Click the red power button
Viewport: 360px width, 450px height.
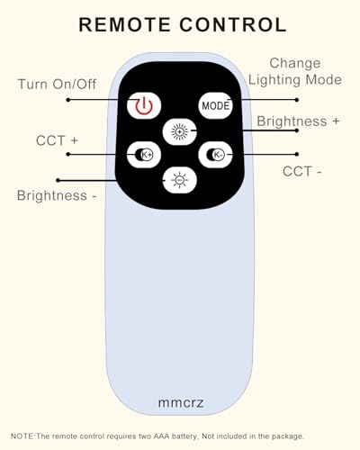coord(144,105)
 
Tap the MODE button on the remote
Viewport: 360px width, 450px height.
coord(215,105)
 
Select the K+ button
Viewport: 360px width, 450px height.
coord(144,155)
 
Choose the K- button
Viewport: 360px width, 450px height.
coord(215,155)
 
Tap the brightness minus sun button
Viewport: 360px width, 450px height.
coord(180,180)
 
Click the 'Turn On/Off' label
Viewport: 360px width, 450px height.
coord(57,84)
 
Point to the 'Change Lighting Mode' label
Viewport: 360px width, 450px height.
coord(295,71)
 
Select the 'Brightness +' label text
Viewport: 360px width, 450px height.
coord(298,121)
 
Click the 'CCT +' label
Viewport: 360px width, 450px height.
coord(57,140)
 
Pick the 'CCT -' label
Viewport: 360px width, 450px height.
coord(302,172)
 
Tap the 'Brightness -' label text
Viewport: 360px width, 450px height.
coord(57,195)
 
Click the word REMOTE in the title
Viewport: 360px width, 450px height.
coord(124,24)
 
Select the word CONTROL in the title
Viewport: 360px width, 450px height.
coord(233,24)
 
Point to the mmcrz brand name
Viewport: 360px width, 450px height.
coord(181,402)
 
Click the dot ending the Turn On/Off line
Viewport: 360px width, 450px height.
coord(68,100)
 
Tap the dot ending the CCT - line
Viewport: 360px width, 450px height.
coord(297,154)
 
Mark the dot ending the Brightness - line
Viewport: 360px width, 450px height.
coord(58,180)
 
